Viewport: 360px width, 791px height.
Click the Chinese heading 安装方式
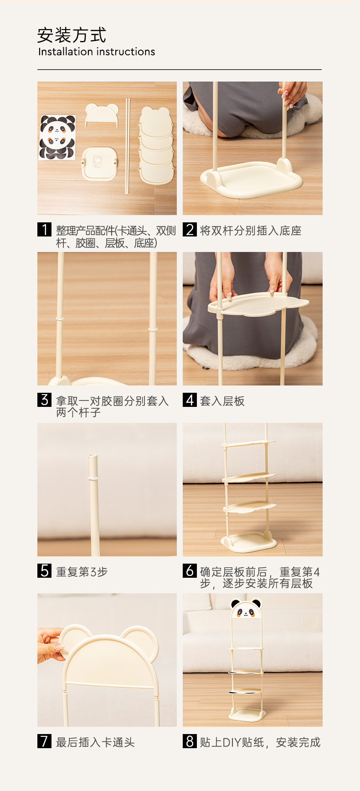coord(72,35)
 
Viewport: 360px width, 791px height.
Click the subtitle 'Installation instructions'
coord(97,52)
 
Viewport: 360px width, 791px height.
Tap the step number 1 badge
coord(44,229)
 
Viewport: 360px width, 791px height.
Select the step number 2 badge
coord(190,229)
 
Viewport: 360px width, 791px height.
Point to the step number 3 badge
coord(44,400)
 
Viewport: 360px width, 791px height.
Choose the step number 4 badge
coord(190,400)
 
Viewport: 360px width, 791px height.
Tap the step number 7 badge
coord(44,741)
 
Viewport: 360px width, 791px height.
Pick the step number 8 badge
coord(190,741)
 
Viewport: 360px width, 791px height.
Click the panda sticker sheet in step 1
coord(57,137)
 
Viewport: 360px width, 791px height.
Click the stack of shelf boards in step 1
coord(156,145)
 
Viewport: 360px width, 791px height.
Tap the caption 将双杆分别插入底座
coord(251,231)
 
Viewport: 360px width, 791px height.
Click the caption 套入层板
coord(222,401)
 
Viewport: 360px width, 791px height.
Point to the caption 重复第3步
coord(82,571)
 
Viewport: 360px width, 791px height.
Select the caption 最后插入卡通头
coord(95,742)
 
